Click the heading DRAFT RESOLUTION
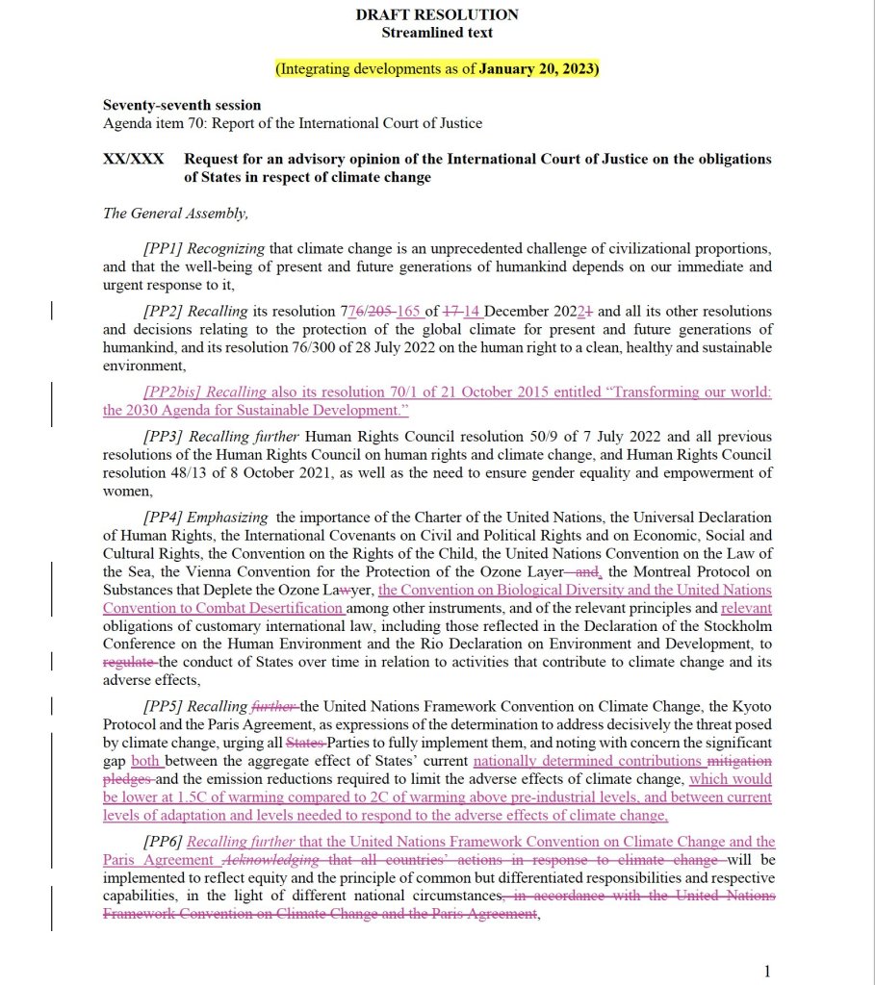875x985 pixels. pos(437,14)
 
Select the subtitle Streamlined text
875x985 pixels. pos(437,33)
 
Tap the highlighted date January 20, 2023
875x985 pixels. pos(538,69)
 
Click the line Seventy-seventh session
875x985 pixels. pos(181,106)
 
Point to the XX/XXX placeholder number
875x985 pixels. pos(133,159)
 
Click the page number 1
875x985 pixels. pos(767,972)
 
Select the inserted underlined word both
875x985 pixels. pos(144,762)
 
